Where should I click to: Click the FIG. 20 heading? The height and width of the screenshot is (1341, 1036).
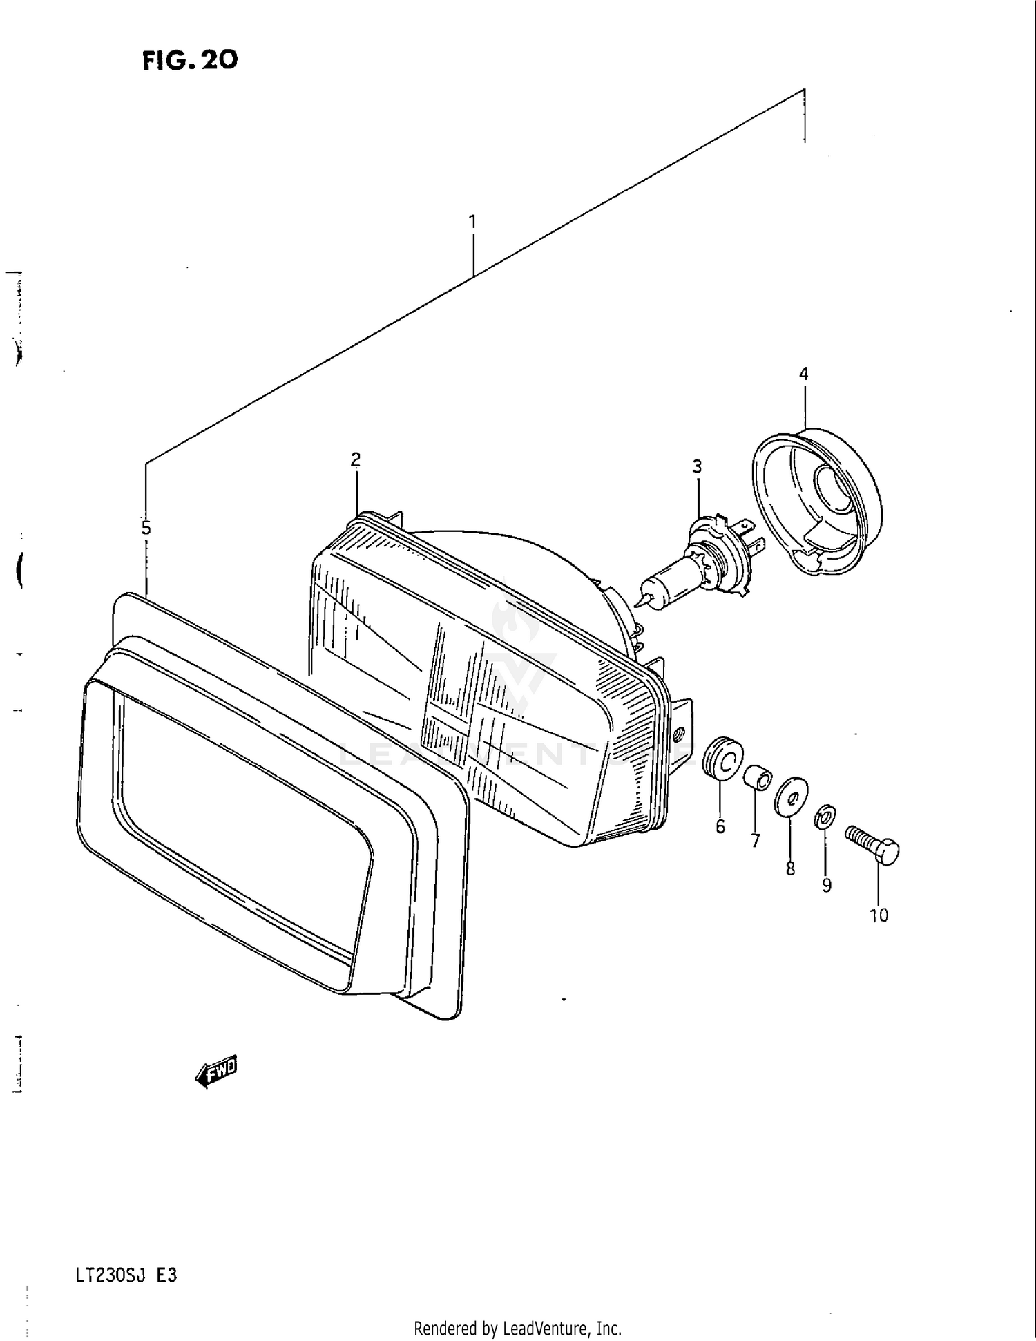coord(190,61)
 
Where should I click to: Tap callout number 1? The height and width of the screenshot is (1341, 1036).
coord(472,222)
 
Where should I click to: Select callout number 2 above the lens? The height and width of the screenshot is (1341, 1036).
coord(356,459)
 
